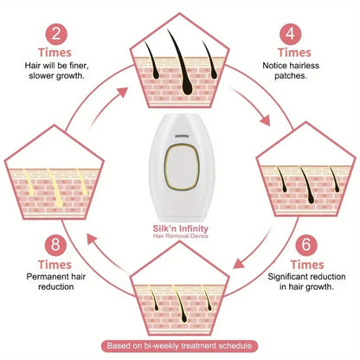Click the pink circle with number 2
pos(55,35)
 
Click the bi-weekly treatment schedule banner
pos(180,346)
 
